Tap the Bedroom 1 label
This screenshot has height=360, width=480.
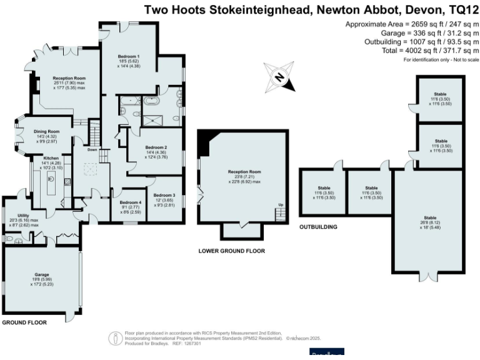(x=129, y=56)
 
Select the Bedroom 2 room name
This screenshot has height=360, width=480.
(x=156, y=147)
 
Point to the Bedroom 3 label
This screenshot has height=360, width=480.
(x=165, y=195)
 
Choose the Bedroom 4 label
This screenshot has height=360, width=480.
(x=131, y=202)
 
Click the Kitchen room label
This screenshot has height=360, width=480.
(x=51, y=159)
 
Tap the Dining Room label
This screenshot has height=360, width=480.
(x=46, y=131)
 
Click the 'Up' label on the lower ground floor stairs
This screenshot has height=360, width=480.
(x=281, y=205)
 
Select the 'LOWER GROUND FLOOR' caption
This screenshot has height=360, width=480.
(x=231, y=251)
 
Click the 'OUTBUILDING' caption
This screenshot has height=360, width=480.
(x=318, y=227)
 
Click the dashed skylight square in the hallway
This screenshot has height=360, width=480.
(x=89, y=170)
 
